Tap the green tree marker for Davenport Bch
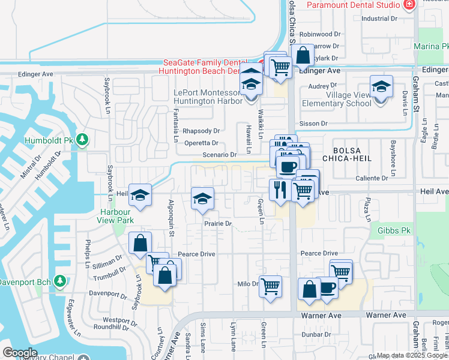(59, 280)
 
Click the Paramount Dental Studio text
(354, 5)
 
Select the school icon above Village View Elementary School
(381, 88)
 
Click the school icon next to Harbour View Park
(140, 196)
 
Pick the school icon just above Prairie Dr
(203, 199)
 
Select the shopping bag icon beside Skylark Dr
(304, 55)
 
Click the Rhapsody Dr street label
(202, 130)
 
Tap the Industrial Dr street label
(379, 19)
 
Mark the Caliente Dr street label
(372, 178)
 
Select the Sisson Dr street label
(315, 123)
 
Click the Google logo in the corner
(20, 353)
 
